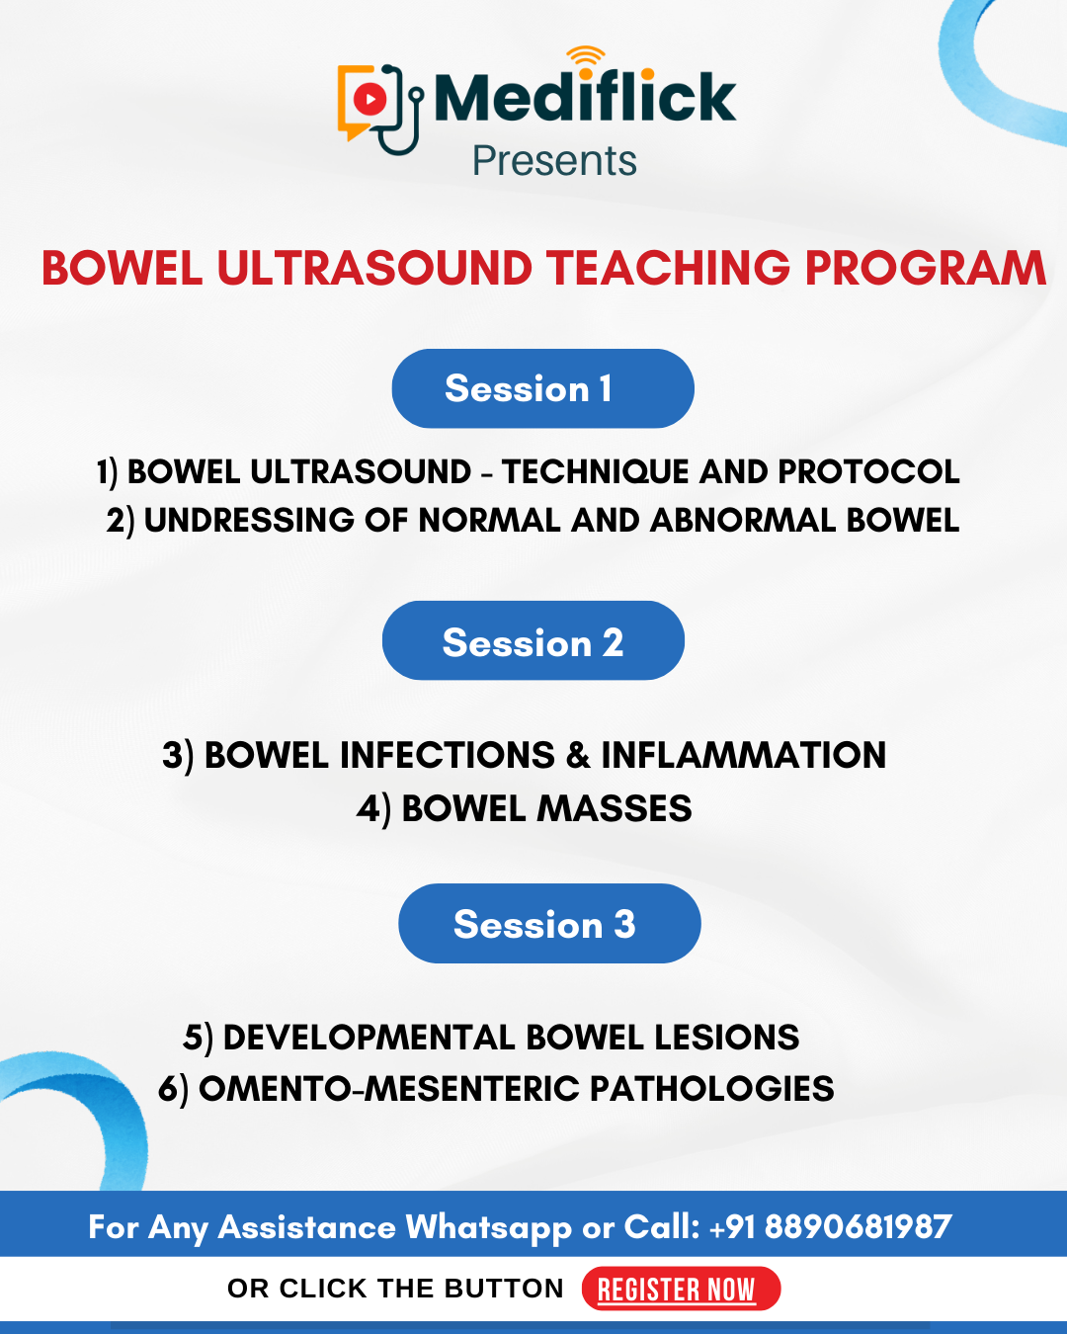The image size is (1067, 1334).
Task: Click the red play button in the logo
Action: [370, 99]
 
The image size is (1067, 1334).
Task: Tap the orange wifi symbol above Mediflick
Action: [586, 54]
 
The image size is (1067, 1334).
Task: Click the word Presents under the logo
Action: [554, 161]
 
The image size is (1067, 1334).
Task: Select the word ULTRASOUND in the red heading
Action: [375, 269]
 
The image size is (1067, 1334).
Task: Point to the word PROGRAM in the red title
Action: [926, 269]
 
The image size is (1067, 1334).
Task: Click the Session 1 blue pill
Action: [542, 388]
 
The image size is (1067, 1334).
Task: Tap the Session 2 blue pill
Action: [533, 640]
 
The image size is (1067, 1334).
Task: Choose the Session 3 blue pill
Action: [549, 923]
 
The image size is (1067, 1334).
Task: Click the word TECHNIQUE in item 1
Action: [595, 471]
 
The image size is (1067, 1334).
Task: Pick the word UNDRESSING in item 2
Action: [249, 520]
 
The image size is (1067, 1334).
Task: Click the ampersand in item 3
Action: [578, 755]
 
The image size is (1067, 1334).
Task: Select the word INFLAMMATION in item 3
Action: [743, 755]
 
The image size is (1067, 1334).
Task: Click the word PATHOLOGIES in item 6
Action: [711, 1089]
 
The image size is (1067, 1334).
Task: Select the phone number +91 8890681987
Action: [830, 1226]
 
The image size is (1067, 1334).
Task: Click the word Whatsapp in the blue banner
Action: [488, 1228]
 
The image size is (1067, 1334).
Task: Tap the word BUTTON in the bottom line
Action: [504, 1289]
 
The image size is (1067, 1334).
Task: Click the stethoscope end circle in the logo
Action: [417, 94]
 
